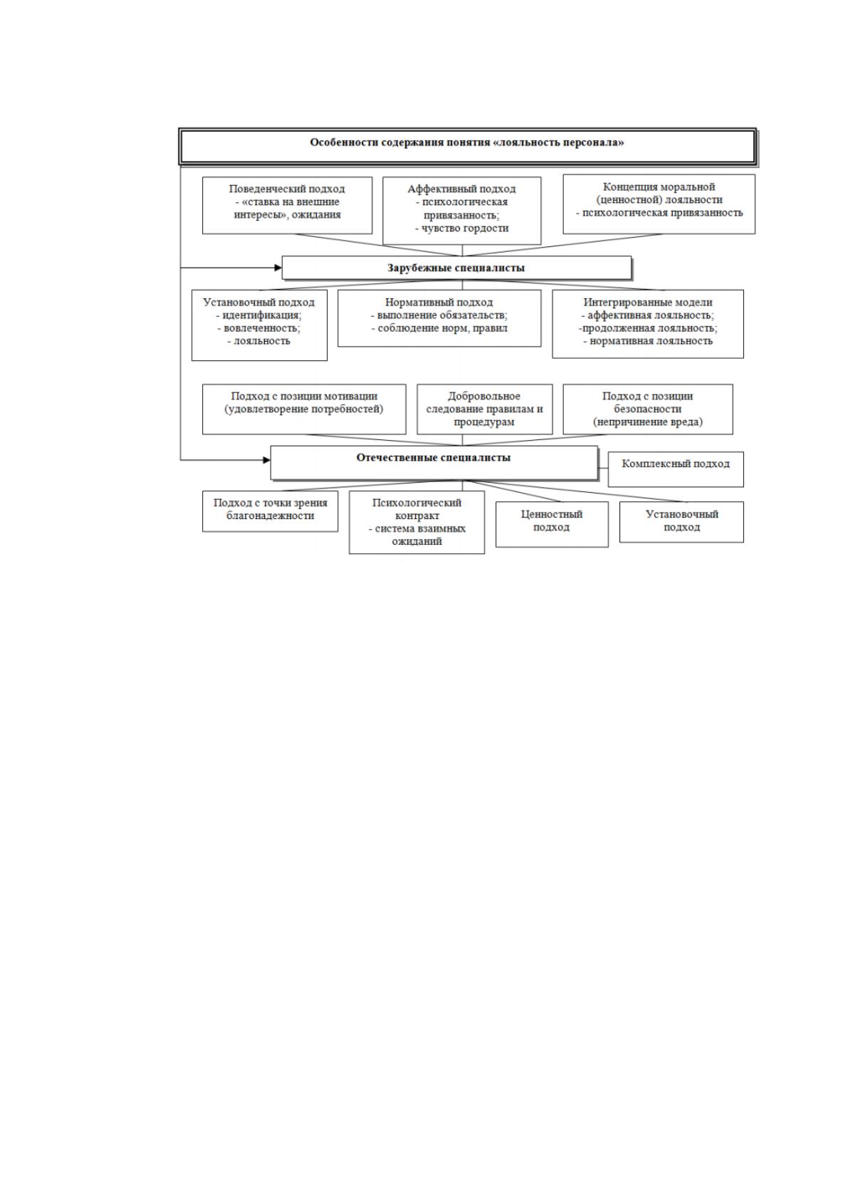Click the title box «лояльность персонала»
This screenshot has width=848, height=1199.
pos(468,147)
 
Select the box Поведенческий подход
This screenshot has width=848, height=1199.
pos(287,206)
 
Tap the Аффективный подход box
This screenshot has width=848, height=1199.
pos(461,211)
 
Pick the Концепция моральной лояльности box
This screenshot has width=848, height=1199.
pos(659,204)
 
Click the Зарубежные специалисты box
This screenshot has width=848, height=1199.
pos(456,268)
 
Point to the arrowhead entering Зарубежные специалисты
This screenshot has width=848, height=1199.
pos(278,268)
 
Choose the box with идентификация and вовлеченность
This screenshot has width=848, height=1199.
pos(260,325)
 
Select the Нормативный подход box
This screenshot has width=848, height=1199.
pos(439,318)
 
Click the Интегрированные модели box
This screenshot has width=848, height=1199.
pos(648,324)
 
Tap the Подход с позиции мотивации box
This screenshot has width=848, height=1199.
pos(304,409)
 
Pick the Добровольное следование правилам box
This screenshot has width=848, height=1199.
pos(484,409)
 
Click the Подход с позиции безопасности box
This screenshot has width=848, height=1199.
pos(648,409)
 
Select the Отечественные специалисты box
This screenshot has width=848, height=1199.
pos(434,463)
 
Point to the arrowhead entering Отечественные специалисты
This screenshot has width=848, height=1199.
pos(266,460)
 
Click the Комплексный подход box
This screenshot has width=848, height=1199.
pos(676,469)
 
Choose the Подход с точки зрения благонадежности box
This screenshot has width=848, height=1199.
pos(271,511)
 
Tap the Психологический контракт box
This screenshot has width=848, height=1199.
pos(417,523)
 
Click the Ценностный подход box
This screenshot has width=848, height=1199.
pos(552,524)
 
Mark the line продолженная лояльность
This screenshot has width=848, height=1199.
pos(648,328)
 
